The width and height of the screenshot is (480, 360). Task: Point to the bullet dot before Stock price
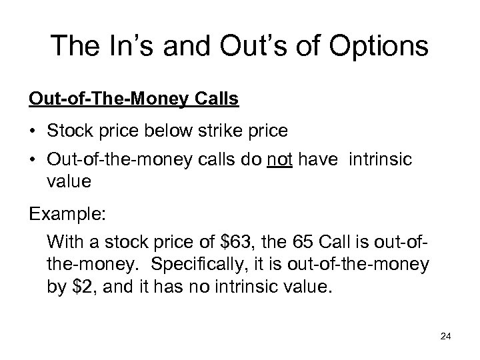32,131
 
